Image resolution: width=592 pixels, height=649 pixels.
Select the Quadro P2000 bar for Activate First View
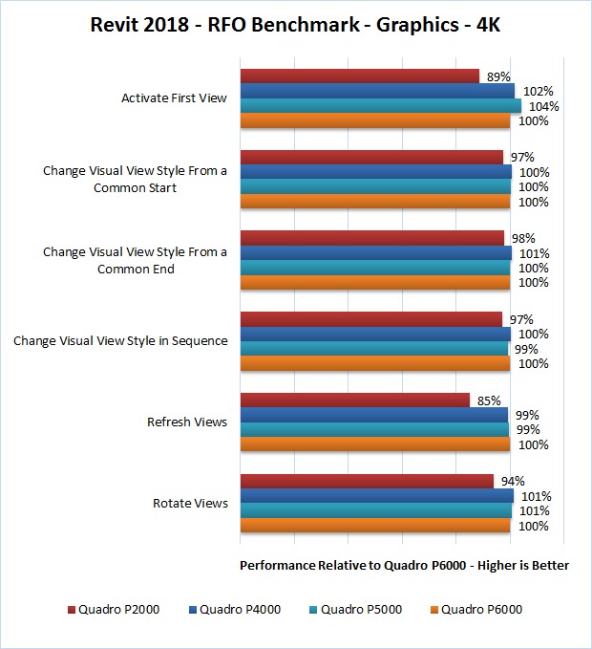click(359, 76)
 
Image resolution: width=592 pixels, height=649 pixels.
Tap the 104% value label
click(543, 106)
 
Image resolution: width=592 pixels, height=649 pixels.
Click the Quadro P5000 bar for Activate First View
click(380, 106)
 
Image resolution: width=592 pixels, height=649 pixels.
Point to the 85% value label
click(488, 400)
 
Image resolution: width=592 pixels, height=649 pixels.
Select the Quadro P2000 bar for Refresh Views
click(354, 400)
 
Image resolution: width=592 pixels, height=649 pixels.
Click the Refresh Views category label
click(187, 422)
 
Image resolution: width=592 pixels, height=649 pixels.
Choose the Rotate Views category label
click(190, 503)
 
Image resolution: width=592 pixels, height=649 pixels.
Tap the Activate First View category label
click(174, 97)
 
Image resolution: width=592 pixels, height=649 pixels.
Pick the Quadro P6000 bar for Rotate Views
click(374, 526)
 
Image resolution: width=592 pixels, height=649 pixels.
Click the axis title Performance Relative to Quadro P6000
click(404, 565)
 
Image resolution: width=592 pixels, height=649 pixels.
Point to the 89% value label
click(497, 76)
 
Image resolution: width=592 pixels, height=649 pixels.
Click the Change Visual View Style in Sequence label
click(120, 340)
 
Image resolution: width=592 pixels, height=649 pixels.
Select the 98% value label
click(522, 238)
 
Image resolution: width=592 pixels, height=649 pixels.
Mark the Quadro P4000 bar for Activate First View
click(377, 91)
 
